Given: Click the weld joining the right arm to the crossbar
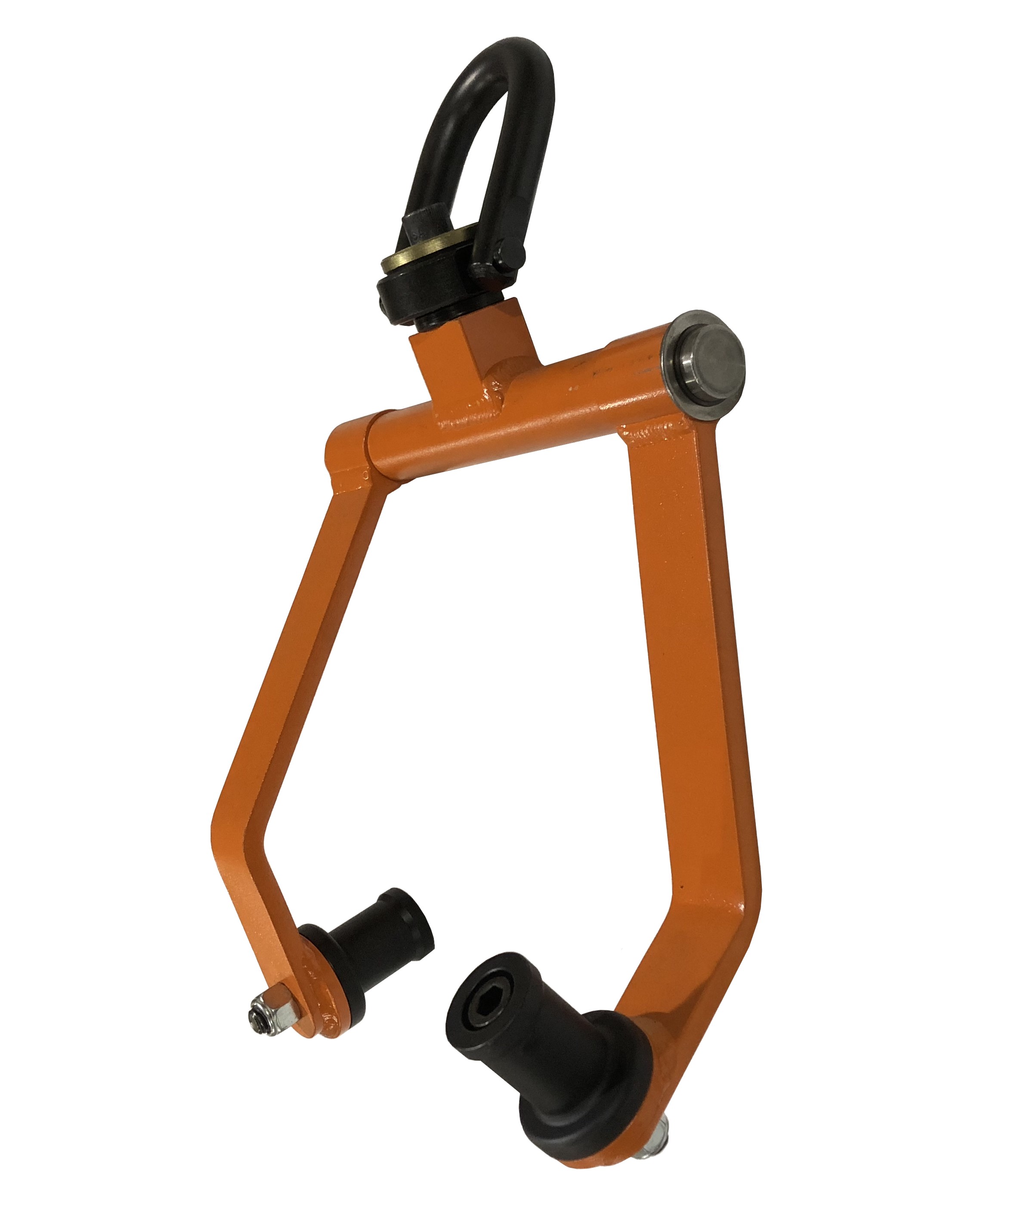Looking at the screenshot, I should pos(653,434).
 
